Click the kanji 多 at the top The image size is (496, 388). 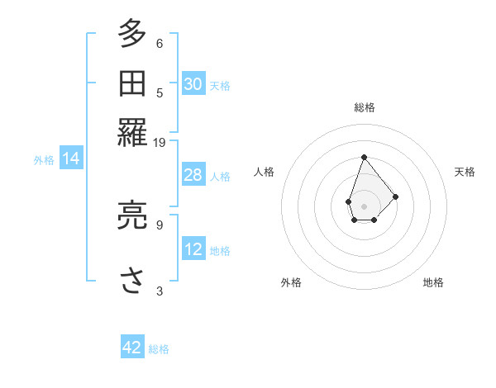click(x=131, y=35)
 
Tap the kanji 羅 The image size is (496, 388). click(x=131, y=131)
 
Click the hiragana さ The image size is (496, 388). click(x=131, y=279)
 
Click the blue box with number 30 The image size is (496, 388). click(x=193, y=83)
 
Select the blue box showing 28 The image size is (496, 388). click(x=193, y=175)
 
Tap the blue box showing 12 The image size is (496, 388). click(x=193, y=249)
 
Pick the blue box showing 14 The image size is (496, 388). click(x=71, y=159)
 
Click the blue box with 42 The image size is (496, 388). click(x=132, y=348)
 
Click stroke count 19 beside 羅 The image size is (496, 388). click(x=160, y=143)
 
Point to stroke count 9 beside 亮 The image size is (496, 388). click(x=160, y=223)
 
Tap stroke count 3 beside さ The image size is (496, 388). click(x=160, y=290)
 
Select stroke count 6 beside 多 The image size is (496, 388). click(x=160, y=43)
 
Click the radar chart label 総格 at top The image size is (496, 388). click(x=364, y=107)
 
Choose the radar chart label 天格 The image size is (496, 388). click(x=465, y=172)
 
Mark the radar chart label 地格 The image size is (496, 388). click(x=433, y=282)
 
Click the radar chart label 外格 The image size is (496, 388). click(x=291, y=282)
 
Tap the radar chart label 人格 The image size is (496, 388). click(x=265, y=172)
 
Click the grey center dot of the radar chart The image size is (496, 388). click(x=364, y=205)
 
